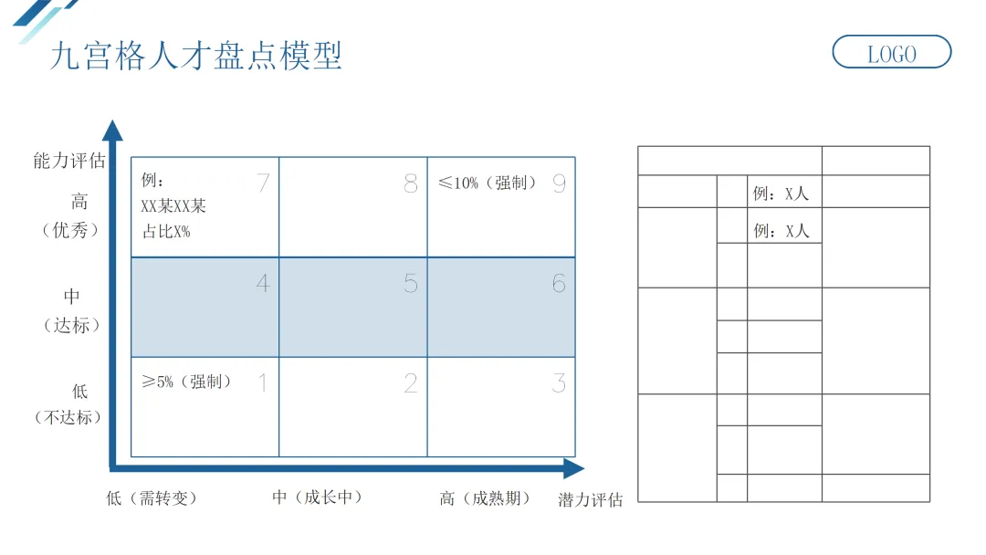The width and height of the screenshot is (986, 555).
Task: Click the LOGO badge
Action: (x=891, y=53)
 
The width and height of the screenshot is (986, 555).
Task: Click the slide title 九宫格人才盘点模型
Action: (x=196, y=56)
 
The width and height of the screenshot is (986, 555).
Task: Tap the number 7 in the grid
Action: (x=263, y=183)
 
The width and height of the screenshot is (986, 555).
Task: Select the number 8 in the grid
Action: (x=411, y=183)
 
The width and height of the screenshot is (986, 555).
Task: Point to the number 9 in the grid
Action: (x=559, y=183)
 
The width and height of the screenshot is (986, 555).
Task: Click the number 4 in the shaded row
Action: (x=263, y=283)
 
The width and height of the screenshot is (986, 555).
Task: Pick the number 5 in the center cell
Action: (x=411, y=283)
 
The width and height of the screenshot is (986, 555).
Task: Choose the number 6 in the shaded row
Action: (x=559, y=283)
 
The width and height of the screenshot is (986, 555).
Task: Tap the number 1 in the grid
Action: (x=263, y=382)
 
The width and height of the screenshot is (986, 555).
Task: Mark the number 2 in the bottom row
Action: (x=411, y=382)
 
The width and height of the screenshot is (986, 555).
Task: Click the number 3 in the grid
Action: (x=559, y=382)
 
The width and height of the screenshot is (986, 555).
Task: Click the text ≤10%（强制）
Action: (x=488, y=183)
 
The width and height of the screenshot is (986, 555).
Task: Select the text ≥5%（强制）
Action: (x=187, y=382)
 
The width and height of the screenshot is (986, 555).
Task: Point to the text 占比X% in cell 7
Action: (x=165, y=231)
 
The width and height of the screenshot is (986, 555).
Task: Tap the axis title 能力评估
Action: (x=69, y=162)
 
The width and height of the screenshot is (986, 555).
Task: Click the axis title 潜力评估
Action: (x=590, y=499)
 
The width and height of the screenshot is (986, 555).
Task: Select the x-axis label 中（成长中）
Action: (x=318, y=497)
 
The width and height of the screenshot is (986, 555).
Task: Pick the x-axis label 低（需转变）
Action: (x=152, y=498)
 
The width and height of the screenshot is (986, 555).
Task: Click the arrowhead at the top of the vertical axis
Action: (x=112, y=131)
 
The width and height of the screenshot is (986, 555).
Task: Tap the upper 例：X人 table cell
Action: (x=781, y=194)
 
